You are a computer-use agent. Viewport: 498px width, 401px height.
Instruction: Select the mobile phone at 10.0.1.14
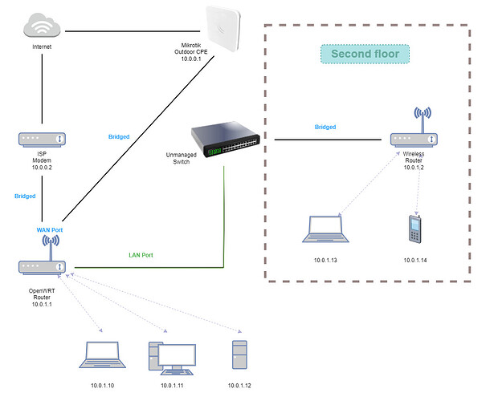click(x=414, y=229)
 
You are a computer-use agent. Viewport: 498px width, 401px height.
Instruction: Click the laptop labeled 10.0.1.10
click(x=102, y=355)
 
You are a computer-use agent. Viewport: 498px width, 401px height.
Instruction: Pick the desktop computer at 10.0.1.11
click(x=172, y=358)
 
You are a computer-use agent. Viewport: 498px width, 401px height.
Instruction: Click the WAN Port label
click(x=50, y=230)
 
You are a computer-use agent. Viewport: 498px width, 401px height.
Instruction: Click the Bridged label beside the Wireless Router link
click(x=325, y=127)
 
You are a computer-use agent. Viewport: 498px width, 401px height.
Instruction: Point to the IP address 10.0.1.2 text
click(x=414, y=168)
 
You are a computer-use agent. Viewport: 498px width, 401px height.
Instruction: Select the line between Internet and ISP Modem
click(x=42, y=84)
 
